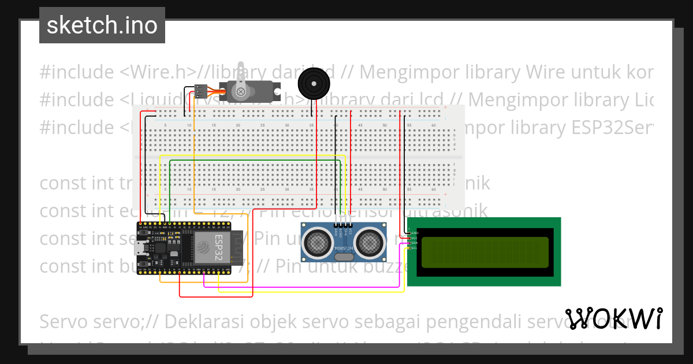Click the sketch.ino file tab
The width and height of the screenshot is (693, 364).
pos(102,25)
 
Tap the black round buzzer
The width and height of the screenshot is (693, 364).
pos(314,83)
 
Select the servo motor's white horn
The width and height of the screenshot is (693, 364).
pos(241,90)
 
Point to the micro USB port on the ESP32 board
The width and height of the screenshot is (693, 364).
pos(140,248)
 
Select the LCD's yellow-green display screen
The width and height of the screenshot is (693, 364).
pos(485,252)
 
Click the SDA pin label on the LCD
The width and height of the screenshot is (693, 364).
pos(413,243)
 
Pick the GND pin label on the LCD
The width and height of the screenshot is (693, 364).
pos(413,232)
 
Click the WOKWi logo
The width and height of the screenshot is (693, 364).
pos(614,318)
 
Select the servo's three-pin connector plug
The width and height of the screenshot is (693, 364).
pos(200,91)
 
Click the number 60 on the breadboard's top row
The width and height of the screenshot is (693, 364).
pos(433,125)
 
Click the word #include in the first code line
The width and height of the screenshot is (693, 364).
pos(77,72)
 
